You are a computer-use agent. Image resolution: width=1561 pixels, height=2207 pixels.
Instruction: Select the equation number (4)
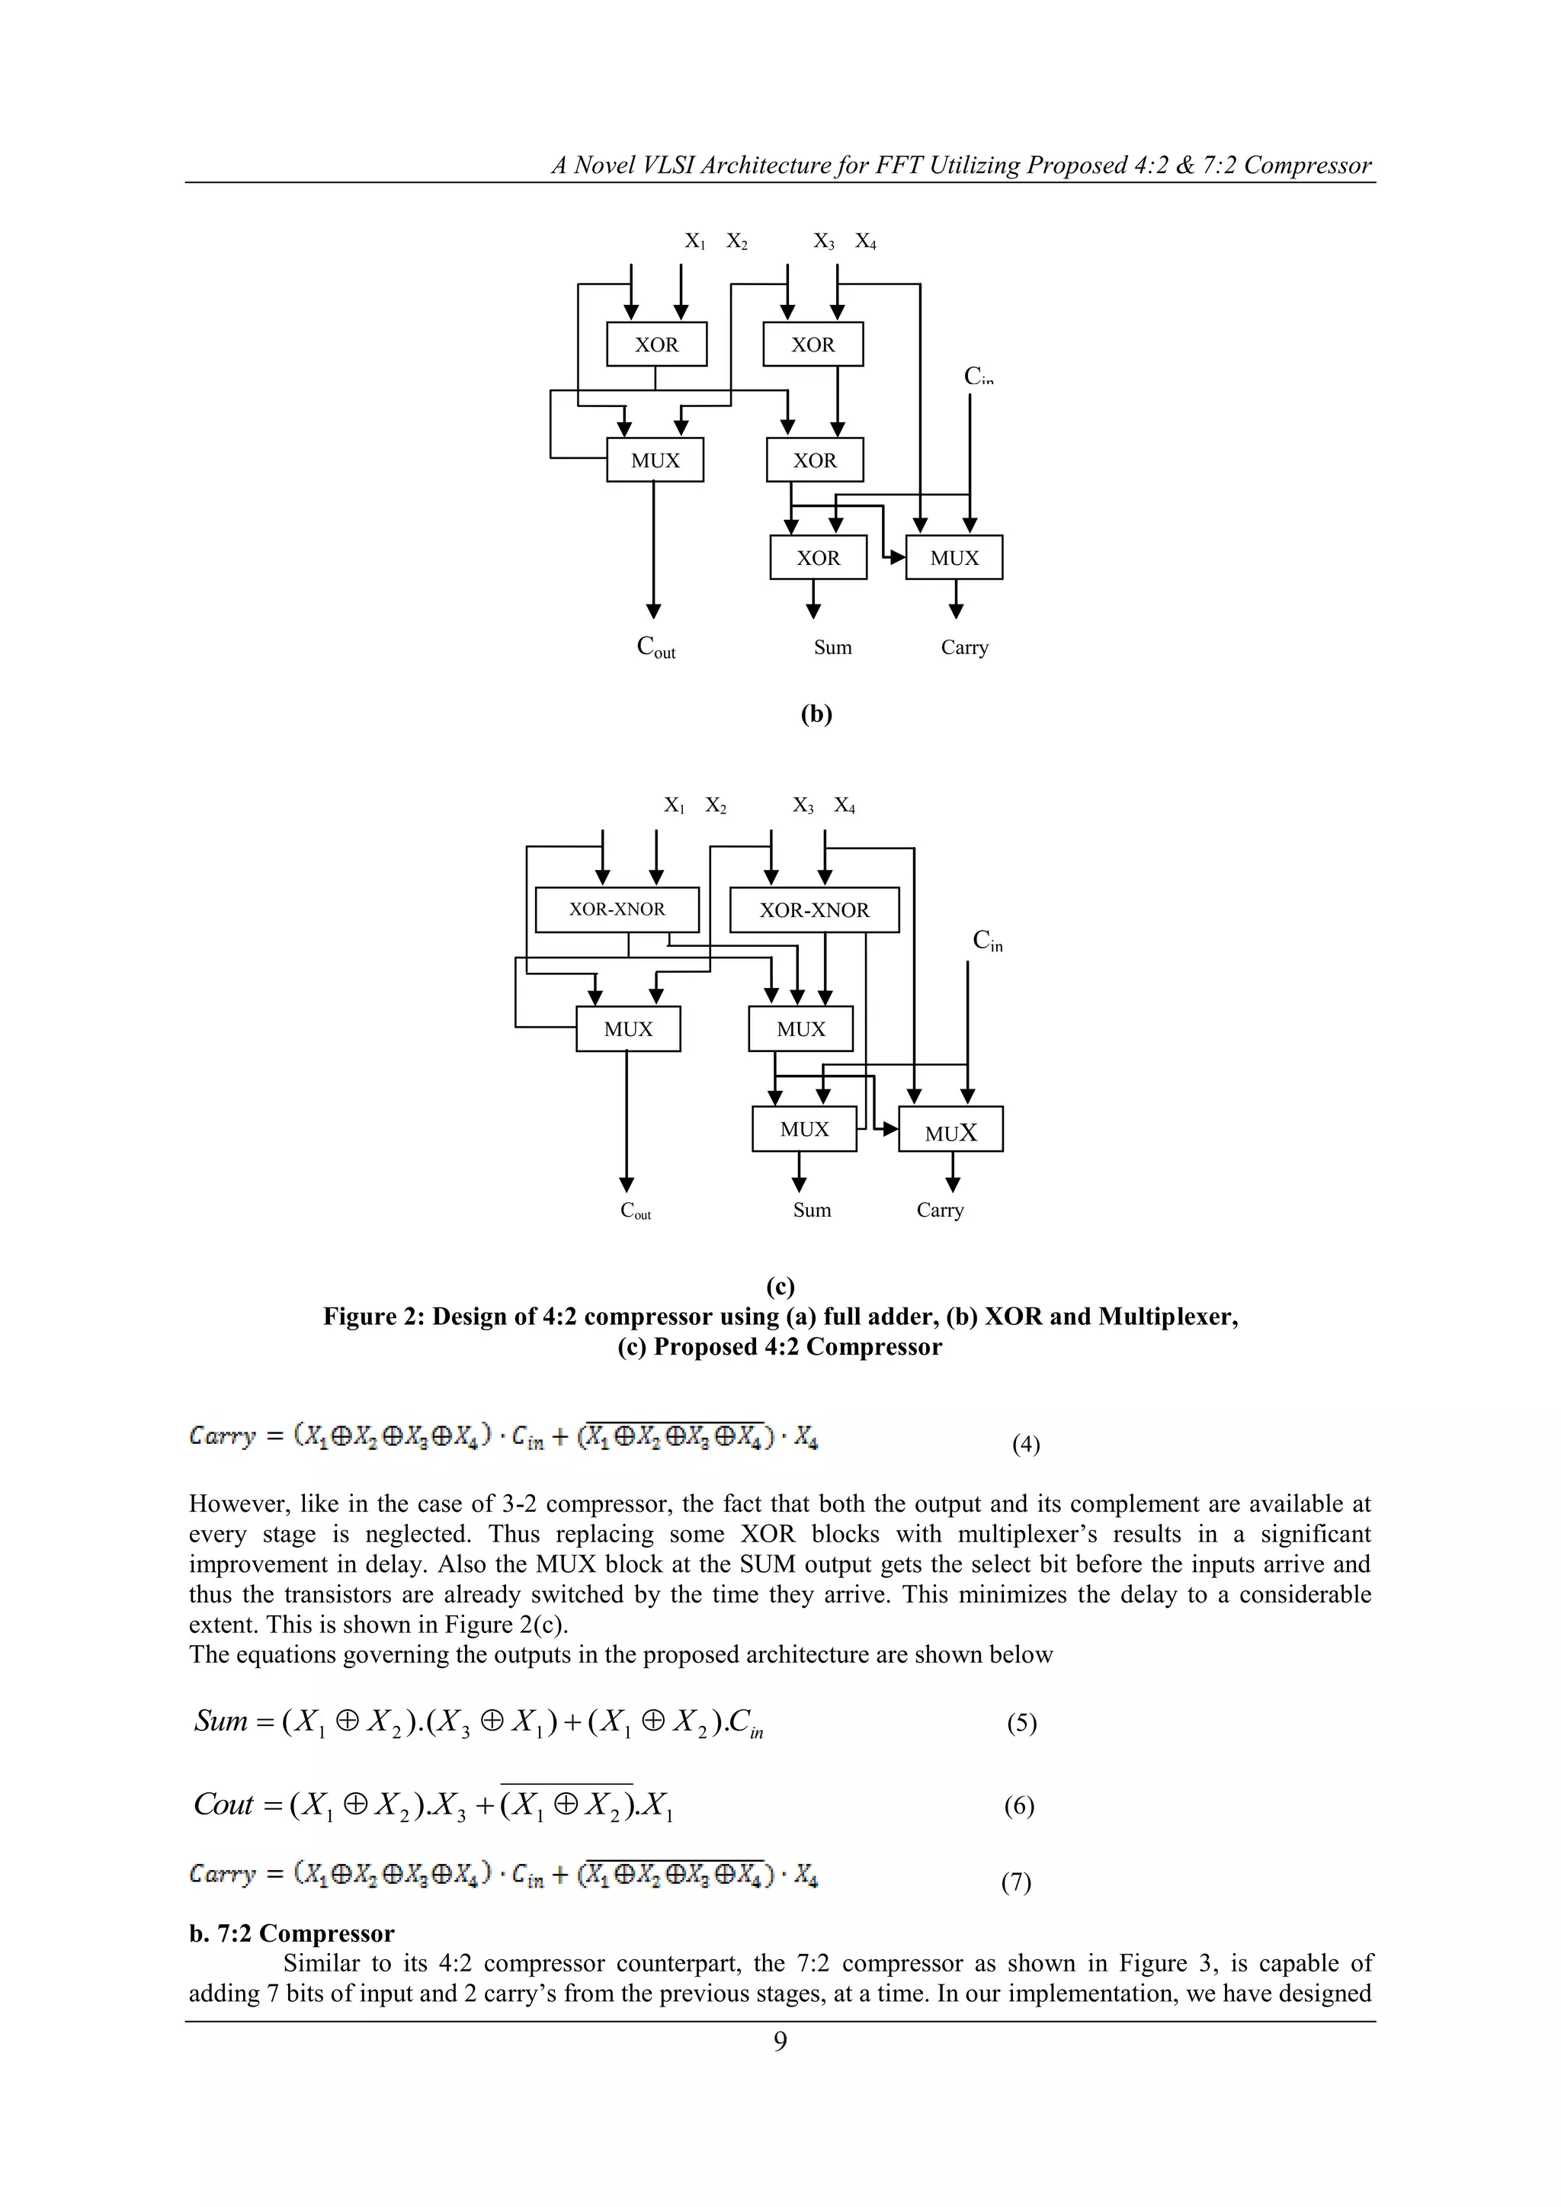coord(1026,1444)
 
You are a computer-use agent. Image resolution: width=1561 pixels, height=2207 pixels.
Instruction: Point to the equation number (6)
coord(1019,1805)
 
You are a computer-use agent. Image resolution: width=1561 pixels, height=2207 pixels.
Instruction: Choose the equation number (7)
coord(1016,1881)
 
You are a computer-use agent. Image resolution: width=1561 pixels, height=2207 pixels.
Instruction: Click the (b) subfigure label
coord(816,714)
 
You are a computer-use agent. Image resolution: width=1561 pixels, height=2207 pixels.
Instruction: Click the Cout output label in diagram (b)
coord(655,647)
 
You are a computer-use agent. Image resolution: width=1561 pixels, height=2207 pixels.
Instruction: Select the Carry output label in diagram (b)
coord(964,647)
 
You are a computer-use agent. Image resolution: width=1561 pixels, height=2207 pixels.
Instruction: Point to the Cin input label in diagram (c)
coord(987,940)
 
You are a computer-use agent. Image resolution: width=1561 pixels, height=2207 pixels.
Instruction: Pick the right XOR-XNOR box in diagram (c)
coord(814,910)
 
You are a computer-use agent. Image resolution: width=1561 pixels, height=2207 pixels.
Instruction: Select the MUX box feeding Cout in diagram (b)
coord(655,460)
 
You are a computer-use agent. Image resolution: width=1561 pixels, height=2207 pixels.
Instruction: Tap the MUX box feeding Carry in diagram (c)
coord(950,1131)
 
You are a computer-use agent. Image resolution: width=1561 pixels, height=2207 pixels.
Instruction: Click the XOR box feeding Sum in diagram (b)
coord(818,557)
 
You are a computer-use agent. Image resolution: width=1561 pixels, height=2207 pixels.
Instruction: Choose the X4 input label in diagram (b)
coord(865,241)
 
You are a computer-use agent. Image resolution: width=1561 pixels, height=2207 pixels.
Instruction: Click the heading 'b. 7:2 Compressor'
coord(291,1933)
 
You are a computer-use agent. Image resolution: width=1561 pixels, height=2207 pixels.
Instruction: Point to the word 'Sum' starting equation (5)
coord(220,1721)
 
